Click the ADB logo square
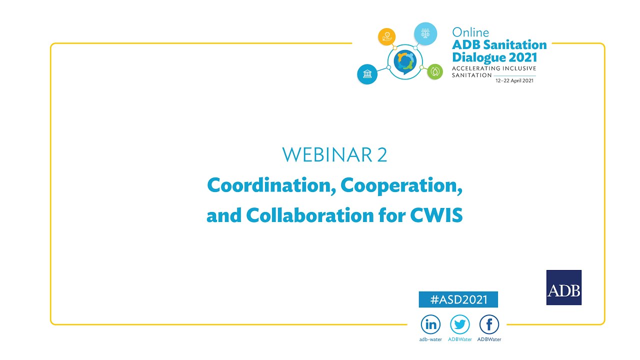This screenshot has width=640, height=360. [563, 287]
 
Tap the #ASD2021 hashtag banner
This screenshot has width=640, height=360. [458, 299]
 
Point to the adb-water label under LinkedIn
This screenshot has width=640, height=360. [430, 339]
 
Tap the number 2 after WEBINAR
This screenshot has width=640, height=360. [382, 155]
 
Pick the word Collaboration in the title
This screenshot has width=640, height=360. [307, 215]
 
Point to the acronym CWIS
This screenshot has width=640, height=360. [436, 215]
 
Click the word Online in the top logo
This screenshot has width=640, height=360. [470, 32]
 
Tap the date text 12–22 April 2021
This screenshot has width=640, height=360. [514, 80]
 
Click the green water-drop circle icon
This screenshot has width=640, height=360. [435, 71]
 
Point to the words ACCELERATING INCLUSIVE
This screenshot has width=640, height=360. [493, 68]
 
